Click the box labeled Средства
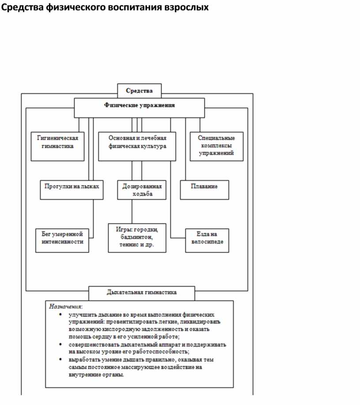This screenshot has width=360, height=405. click(139, 91)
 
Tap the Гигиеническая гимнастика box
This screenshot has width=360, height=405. click(57, 146)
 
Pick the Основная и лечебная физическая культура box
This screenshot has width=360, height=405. click(137, 146)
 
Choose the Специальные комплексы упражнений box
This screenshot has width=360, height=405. click(216, 146)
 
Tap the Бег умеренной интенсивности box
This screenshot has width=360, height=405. click(62, 240)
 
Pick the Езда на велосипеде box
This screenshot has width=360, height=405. click(207, 240)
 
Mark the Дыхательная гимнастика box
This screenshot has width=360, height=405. click(142, 293)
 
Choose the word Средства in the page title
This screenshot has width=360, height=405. click(22, 8)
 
